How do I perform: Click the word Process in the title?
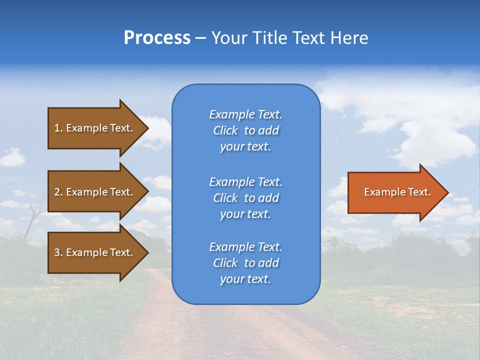(x=157, y=38)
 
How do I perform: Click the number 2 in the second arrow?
(x=57, y=192)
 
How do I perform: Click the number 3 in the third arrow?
(x=57, y=252)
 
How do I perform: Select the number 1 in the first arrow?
(x=57, y=128)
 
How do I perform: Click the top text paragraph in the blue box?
(x=245, y=130)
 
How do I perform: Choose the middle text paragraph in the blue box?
(x=245, y=198)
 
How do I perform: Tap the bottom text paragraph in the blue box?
(x=245, y=263)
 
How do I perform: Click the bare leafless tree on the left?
(x=33, y=212)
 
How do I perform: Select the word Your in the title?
(x=229, y=38)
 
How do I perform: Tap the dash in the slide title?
(x=200, y=38)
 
